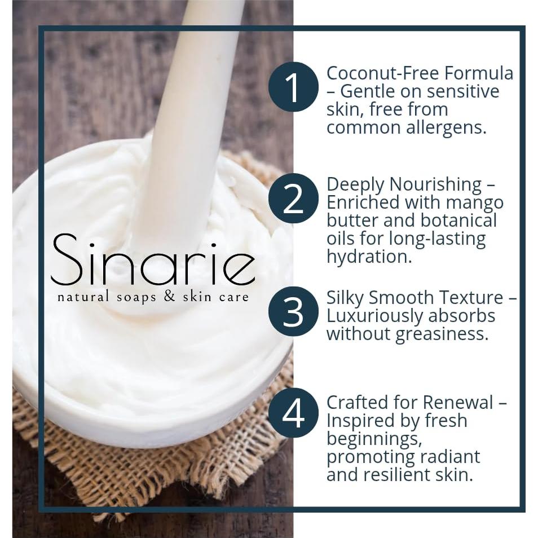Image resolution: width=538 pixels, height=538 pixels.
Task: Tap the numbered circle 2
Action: [x=293, y=199]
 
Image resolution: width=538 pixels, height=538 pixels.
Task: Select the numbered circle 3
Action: [x=293, y=311]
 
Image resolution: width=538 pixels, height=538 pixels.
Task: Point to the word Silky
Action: [x=345, y=298]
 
